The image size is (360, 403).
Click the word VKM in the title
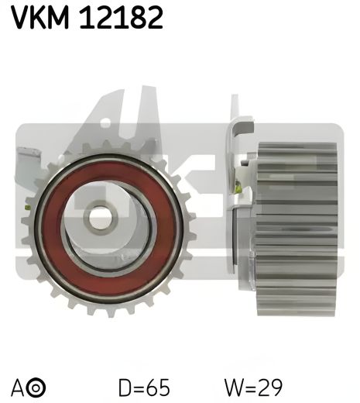coord(40,17)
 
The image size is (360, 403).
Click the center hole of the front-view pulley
coord(101,217)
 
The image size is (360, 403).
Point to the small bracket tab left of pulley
coord(27,167)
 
